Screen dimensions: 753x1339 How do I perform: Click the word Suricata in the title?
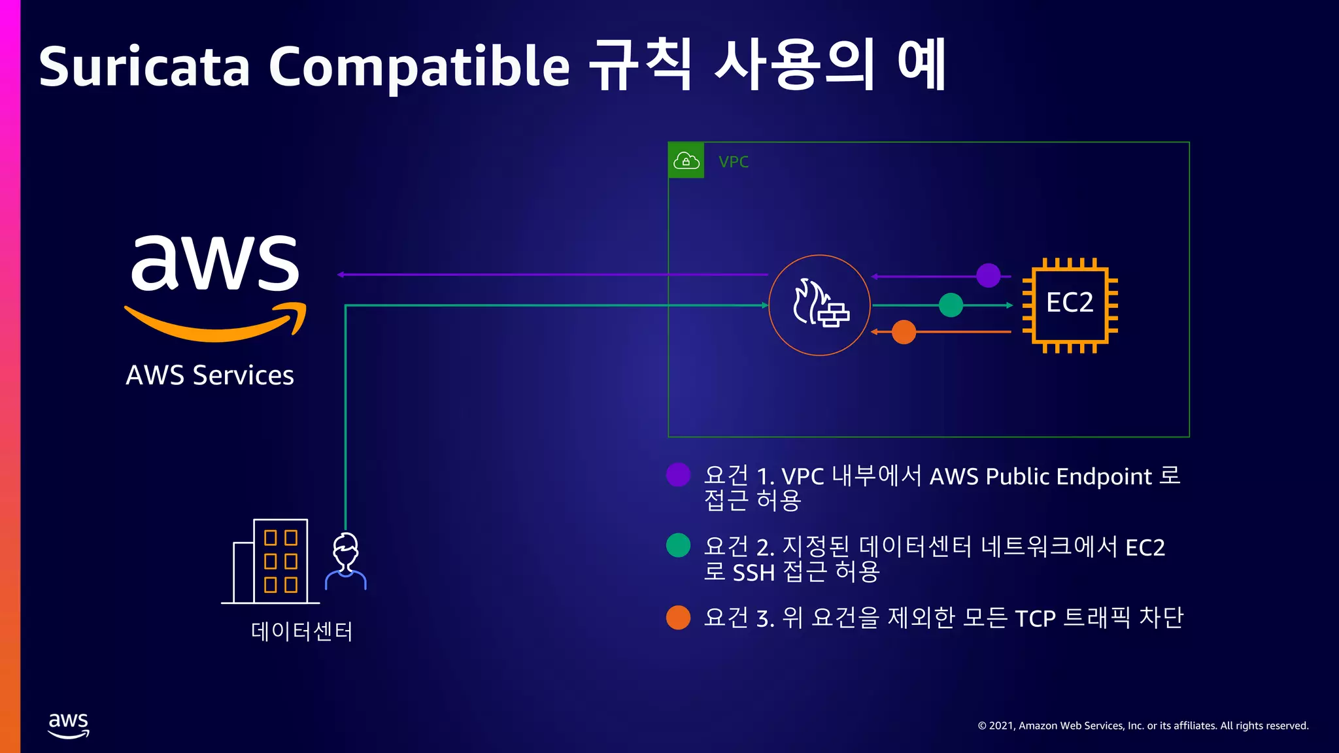point(144,67)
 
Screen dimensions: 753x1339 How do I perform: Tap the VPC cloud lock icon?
point(686,160)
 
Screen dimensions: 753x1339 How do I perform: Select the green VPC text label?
point(734,162)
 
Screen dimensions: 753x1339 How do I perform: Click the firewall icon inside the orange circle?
point(820,305)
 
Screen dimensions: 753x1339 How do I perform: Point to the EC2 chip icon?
point(1070,305)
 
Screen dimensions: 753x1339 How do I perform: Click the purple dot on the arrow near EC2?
point(988,275)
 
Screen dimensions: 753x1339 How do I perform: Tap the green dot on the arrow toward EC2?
point(951,305)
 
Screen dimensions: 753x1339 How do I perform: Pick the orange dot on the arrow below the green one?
point(904,332)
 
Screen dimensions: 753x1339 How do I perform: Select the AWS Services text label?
point(210,375)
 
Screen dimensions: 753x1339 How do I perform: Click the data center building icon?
point(271,561)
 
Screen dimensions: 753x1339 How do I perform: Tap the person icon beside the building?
point(346,561)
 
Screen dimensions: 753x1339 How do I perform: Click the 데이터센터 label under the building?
point(301,631)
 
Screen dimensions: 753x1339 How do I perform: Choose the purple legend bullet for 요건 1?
point(678,475)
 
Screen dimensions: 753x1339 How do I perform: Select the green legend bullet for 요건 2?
point(678,545)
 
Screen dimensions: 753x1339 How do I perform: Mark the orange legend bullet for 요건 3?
point(678,617)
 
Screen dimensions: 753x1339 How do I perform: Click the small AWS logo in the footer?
point(69,725)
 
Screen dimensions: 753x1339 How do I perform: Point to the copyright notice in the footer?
point(1143,726)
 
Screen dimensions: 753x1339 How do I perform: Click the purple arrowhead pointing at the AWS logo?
point(341,275)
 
